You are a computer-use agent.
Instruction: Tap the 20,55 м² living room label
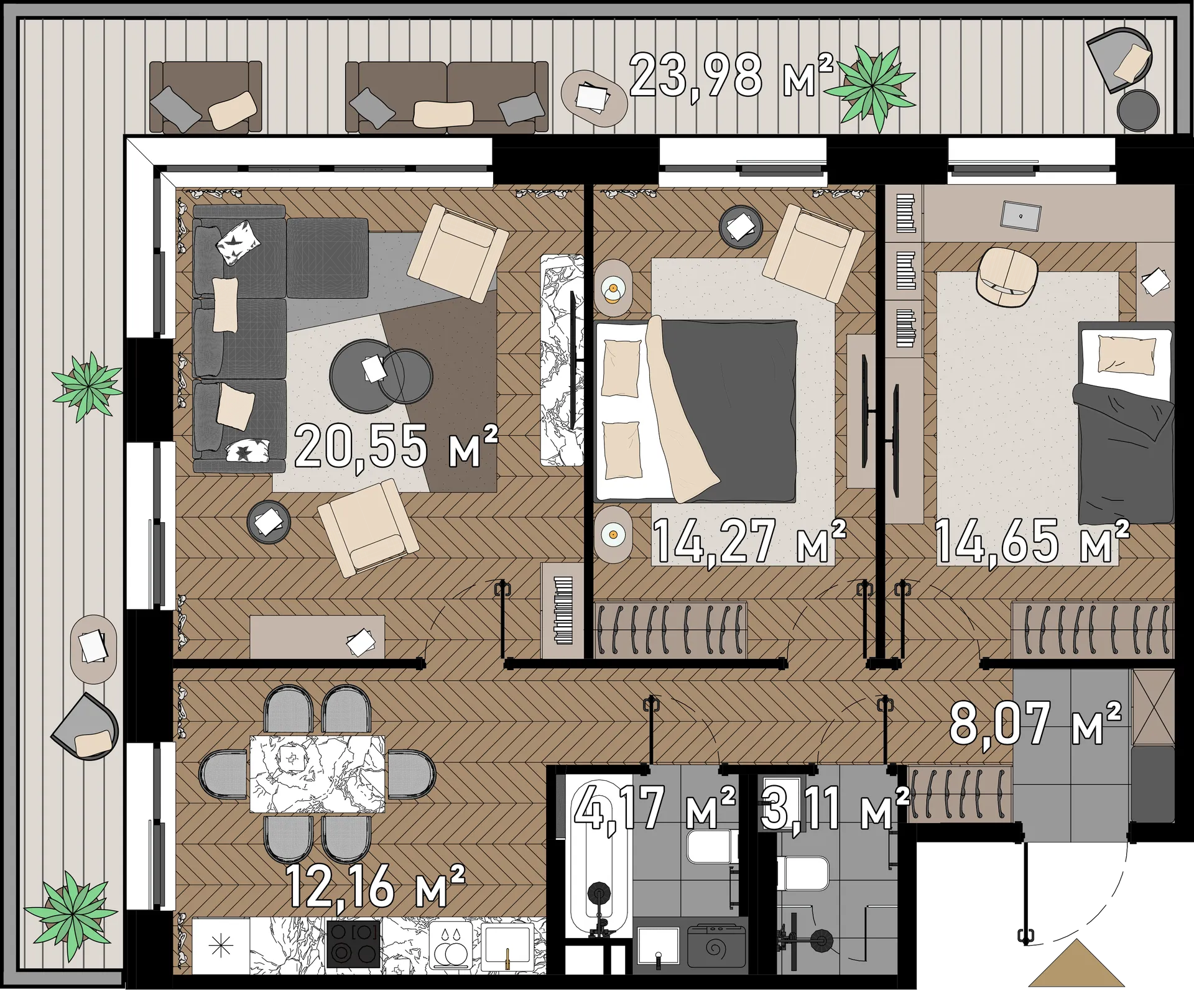pos(396,445)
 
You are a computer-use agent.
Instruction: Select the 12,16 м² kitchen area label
pos(376,885)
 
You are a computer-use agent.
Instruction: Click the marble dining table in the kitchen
pos(317,774)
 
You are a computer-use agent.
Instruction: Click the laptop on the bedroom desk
pos(1020,216)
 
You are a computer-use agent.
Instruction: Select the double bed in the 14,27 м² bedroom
pos(696,411)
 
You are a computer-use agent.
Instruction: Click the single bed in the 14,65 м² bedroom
pos(1125,423)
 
